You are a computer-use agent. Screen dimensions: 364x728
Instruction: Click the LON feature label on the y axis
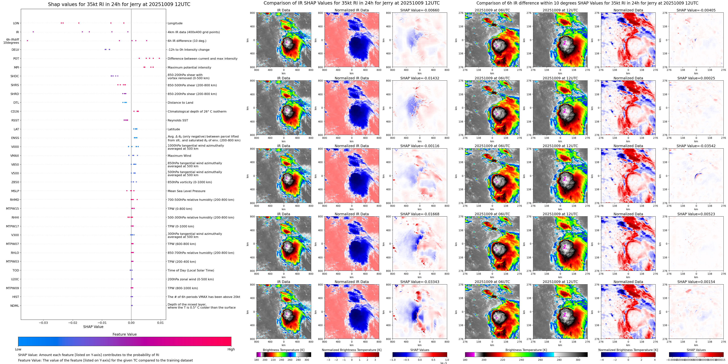point(16,23)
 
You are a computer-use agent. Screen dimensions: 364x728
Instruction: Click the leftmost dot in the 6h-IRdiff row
point(27,41)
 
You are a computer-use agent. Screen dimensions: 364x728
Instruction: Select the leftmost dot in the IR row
point(33,32)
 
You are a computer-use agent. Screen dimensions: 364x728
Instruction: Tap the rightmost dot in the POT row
point(159,59)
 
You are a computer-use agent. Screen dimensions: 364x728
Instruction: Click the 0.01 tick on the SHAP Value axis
point(160,323)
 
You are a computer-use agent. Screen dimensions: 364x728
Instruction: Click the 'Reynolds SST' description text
point(178,120)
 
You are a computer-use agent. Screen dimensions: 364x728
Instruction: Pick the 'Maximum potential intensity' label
point(189,67)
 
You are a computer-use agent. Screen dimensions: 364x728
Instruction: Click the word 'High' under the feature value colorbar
point(231,349)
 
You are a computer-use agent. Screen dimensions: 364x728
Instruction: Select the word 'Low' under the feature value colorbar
point(18,349)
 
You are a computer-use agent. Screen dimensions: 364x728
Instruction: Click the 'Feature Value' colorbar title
point(125,334)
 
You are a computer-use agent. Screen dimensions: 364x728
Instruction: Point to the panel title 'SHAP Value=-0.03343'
point(420,282)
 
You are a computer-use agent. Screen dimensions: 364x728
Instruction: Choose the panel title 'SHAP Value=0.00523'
point(696,214)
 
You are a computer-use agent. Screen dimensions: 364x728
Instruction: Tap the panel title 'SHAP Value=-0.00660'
point(420,10)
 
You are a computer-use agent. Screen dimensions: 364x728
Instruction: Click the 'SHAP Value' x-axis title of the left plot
point(93,327)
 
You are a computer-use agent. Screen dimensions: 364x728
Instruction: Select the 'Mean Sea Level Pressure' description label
point(187,191)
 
